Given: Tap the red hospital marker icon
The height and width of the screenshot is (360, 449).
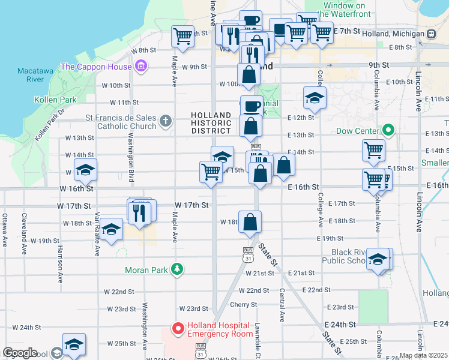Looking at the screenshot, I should pyautogui.click(x=178, y=328).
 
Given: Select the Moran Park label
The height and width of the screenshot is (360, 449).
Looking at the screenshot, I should pyautogui.click(x=147, y=270).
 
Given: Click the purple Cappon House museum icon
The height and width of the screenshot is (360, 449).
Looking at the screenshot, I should pyautogui.click(x=141, y=65).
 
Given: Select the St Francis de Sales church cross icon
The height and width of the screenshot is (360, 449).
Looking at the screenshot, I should pyautogui.click(x=166, y=122).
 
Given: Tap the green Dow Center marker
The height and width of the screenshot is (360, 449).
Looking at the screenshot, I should pyautogui.click(x=388, y=130).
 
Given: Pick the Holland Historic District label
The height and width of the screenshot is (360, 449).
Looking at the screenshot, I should pyautogui.click(x=211, y=123).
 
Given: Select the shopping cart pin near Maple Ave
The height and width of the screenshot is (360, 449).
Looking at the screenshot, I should pyautogui.click(x=183, y=35).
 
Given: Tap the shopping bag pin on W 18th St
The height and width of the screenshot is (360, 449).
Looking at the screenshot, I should pyautogui.click(x=250, y=222).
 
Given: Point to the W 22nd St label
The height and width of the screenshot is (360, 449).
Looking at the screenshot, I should pyautogui.click(x=119, y=292).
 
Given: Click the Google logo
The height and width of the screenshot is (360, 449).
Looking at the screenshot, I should pyautogui.click(x=20, y=353).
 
